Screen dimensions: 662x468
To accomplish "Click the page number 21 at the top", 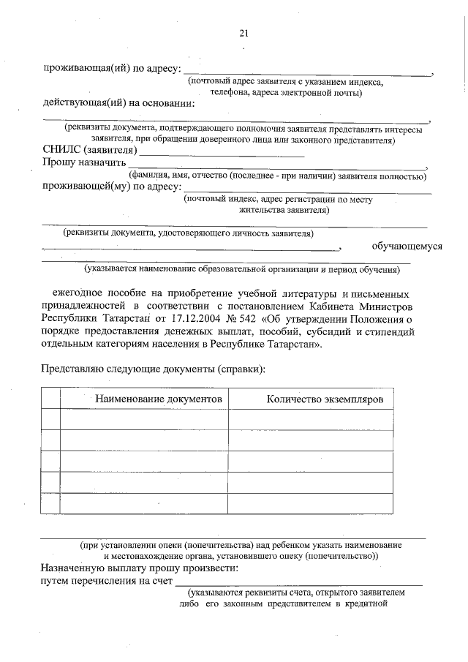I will click(244, 32).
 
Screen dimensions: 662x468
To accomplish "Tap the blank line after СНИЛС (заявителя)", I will click(221, 153).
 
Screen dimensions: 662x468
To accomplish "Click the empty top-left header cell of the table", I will click(50, 399).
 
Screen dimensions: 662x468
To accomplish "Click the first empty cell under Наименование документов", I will click(144, 419).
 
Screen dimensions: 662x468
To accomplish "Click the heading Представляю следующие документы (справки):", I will click(153, 369).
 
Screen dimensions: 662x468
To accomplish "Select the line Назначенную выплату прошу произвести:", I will click(140, 568).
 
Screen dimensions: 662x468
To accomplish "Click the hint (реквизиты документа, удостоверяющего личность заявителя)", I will click(189, 233).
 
